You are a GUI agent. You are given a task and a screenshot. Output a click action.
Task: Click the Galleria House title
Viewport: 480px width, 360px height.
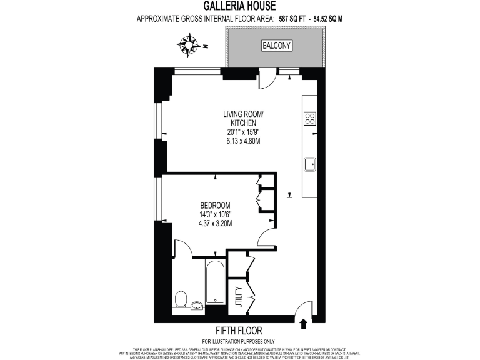(x=239, y=6)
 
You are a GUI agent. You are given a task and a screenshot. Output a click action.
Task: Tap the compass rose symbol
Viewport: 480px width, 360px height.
(x=187, y=45)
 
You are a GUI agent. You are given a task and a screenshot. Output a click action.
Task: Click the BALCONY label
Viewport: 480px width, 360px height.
(x=276, y=46)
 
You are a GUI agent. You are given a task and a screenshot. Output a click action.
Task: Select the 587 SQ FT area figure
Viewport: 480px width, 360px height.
(x=296, y=19)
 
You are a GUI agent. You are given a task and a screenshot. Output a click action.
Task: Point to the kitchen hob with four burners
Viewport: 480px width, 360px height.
(x=309, y=118)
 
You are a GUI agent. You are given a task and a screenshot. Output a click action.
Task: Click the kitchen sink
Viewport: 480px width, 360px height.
(x=310, y=164)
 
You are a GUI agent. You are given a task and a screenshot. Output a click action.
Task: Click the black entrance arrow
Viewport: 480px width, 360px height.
(x=304, y=323)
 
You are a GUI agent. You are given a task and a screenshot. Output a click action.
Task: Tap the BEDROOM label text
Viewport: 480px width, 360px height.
(x=216, y=206)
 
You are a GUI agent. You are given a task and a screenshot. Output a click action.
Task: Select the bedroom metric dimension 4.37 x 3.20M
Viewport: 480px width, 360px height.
(x=216, y=223)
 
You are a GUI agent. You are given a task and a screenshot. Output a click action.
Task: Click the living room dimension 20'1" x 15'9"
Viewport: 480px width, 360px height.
(x=244, y=132)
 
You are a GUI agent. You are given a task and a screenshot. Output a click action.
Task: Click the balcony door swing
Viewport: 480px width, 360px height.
(x=267, y=79)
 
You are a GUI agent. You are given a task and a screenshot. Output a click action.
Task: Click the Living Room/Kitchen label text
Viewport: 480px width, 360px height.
(x=244, y=118)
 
